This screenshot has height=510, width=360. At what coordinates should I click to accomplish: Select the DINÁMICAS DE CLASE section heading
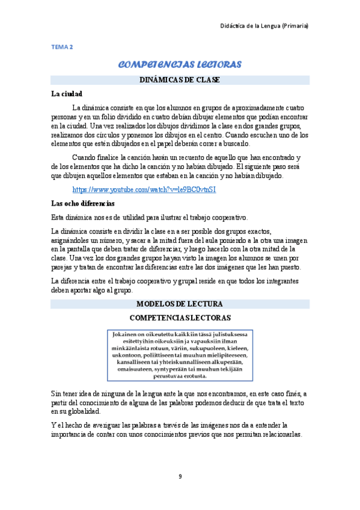pyautogui.click(x=180, y=79)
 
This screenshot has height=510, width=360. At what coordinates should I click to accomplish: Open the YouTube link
pyautogui.click(x=144, y=189)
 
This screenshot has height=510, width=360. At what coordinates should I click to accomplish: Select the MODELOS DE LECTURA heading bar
pyautogui.click(x=180, y=304)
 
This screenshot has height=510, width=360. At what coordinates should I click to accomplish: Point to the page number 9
pyautogui.click(x=180, y=477)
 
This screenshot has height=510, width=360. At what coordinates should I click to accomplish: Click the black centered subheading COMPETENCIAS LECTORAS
pyautogui.click(x=180, y=317)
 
